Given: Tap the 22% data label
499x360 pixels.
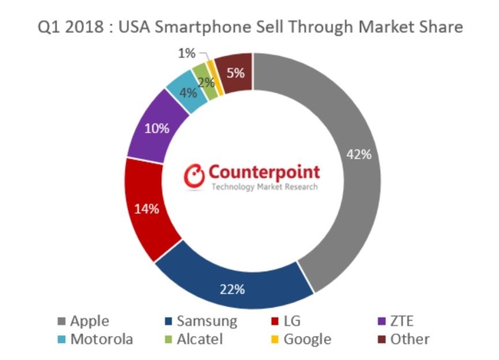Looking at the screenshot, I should pos(233,289).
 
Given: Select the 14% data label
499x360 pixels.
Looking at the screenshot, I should pos(146,208).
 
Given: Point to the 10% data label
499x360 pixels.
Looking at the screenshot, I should pos(157,128).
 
